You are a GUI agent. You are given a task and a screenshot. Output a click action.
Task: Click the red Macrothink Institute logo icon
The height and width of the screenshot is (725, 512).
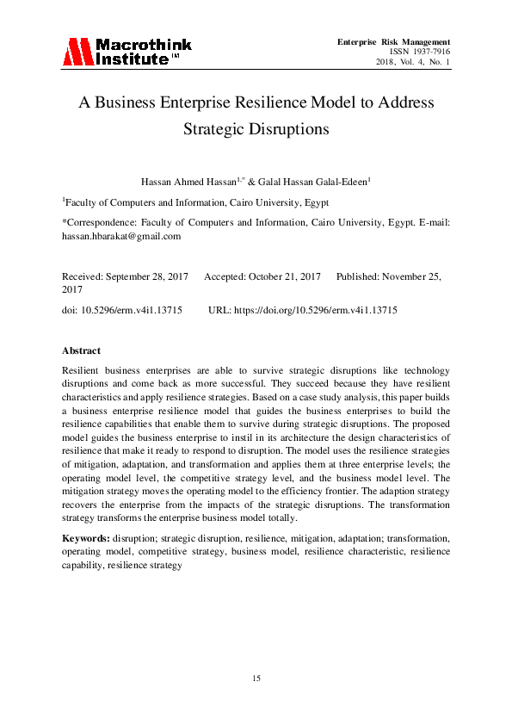[x=76, y=52]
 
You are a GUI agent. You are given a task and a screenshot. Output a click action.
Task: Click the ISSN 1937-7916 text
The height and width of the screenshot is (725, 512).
[x=421, y=53]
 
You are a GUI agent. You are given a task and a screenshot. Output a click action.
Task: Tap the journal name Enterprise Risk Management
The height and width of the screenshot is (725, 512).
[x=394, y=42]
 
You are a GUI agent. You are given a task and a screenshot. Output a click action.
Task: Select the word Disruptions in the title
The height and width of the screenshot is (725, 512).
[x=287, y=130]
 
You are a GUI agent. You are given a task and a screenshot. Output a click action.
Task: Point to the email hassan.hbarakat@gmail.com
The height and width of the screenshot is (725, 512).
[x=121, y=235]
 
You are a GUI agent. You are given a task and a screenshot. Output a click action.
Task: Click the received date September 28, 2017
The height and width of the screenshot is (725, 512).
[x=151, y=276]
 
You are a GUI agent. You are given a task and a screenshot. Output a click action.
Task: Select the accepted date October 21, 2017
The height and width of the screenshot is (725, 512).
[x=285, y=276]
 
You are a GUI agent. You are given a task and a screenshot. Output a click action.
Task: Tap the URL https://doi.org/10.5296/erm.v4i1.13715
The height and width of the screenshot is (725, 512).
[x=315, y=309]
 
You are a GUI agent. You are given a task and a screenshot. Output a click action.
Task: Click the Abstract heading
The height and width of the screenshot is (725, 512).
[x=81, y=351]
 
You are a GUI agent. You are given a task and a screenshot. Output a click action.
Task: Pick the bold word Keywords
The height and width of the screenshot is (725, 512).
[x=85, y=537]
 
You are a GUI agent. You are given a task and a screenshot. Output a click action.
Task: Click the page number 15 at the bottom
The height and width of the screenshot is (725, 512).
[x=256, y=679]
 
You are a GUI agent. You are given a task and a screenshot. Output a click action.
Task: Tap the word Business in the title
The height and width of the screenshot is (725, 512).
[x=130, y=102]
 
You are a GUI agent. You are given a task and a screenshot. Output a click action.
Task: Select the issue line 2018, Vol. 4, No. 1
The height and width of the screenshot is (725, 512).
[x=413, y=63]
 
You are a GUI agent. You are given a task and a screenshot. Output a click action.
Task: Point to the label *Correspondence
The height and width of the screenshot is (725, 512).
[x=96, y=222]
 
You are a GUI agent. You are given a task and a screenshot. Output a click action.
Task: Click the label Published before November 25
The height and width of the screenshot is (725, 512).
[x=360, y=276]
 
